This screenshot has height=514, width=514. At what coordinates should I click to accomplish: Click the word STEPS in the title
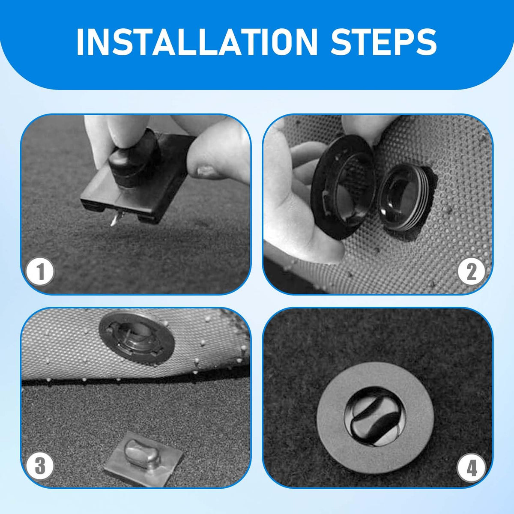[x=383, y=42]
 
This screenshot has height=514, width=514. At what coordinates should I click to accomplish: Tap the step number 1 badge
[x=40, y=272]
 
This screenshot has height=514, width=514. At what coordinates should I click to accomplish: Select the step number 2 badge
[x=471, y=272]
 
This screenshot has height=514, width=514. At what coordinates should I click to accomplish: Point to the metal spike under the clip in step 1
[x=114, y=220]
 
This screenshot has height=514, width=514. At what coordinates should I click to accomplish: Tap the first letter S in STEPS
[x=343, y=42]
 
